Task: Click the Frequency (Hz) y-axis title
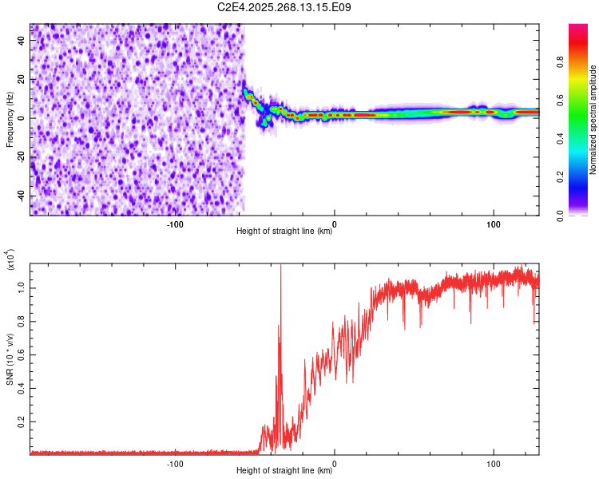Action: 10,120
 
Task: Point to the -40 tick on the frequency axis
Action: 19,196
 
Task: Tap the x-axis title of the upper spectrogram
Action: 284,232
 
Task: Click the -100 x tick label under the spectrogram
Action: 175,223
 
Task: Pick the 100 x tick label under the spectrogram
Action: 494,223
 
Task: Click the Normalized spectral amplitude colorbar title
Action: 593,120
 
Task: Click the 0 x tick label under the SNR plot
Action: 334,462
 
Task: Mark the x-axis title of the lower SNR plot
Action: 284,471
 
